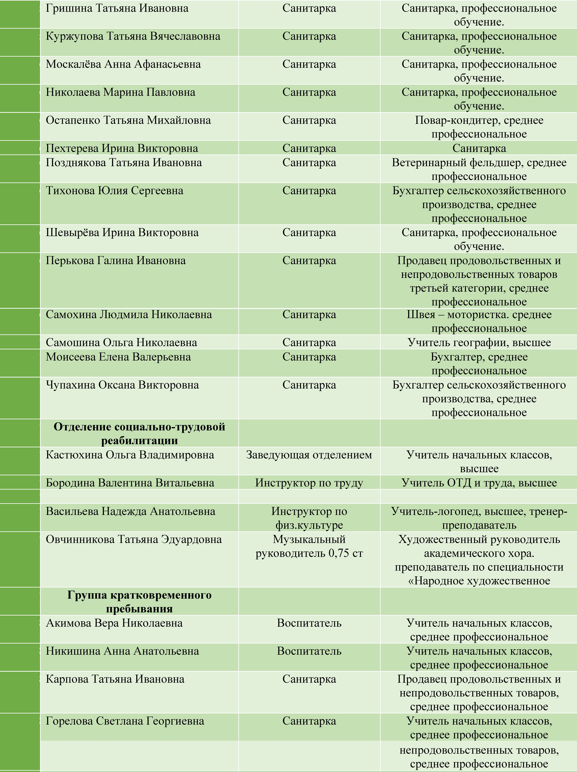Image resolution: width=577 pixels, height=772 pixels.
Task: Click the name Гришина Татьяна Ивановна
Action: pos(117,8)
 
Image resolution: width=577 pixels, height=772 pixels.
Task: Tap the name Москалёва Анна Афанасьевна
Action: pos(123,64)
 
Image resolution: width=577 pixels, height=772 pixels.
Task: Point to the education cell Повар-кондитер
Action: pos(479,127)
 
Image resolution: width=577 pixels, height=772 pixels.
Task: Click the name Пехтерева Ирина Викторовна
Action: pos(122,148)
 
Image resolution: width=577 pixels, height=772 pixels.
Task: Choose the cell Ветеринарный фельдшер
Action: pos(479,169)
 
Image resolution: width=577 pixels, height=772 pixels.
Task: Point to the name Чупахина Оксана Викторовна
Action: pos(122,385)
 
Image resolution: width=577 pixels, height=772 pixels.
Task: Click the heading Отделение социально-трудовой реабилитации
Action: pos(139,433)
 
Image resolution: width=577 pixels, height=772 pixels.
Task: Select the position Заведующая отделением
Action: pos(309,455)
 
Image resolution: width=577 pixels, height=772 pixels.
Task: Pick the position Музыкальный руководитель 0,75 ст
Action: pos(309,546)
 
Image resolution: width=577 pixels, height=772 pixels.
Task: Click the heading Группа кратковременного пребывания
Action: pos(139,602)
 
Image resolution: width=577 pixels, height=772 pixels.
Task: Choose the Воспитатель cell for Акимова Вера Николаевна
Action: pos(309,623)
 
